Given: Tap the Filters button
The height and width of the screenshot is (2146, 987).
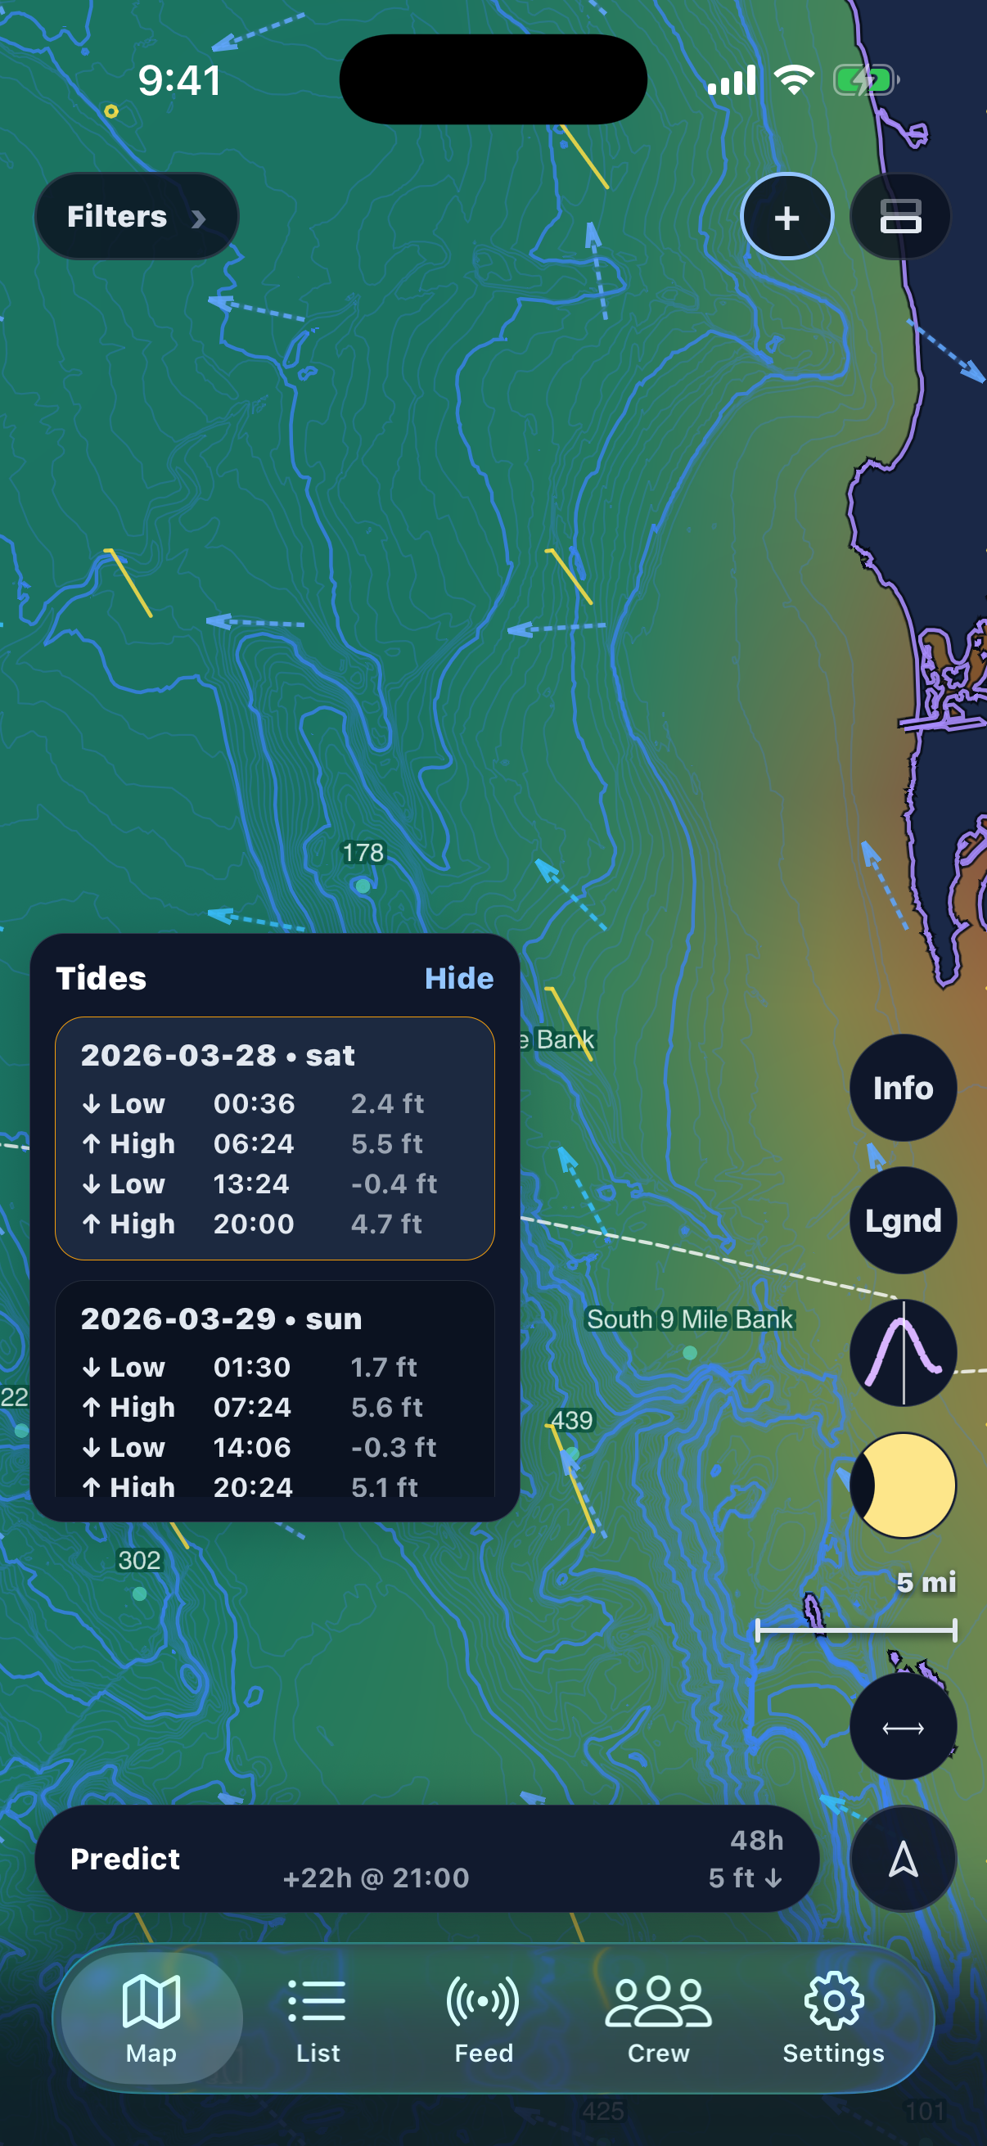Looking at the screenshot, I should point(136,217).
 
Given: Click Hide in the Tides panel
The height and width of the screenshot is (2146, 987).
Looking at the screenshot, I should point(459,978).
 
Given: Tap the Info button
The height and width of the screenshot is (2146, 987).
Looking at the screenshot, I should point(902,1088).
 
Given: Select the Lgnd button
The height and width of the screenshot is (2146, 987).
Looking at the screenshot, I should point(902,1220).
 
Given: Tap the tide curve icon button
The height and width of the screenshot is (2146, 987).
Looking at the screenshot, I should point(902,1353).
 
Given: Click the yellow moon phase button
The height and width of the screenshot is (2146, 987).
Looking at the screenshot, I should point(902,1485).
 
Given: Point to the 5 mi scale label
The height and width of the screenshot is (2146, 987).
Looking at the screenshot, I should point(926,1582).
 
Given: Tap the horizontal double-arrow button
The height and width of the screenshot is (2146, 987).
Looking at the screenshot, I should point(902,1728).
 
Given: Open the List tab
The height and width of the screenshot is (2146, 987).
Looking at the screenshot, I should point(318,2017).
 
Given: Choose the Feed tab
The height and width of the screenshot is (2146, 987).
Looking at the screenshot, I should point(484,2017).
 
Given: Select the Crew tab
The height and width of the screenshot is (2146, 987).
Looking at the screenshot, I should point(658,2017).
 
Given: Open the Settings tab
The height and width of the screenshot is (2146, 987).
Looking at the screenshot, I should point(833,2017).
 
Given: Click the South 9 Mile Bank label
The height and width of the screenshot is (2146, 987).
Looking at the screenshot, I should point(690,1319).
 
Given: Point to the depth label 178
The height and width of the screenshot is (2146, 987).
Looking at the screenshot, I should point(363,853).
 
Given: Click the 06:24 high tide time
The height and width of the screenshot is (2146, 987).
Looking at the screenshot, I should point(253,1144).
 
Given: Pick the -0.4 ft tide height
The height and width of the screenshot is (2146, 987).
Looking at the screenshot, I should point(393,1183).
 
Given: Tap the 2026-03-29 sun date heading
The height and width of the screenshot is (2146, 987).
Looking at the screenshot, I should point(221,1319).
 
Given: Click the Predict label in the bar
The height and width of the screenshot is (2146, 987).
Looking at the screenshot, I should point(125,1859).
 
